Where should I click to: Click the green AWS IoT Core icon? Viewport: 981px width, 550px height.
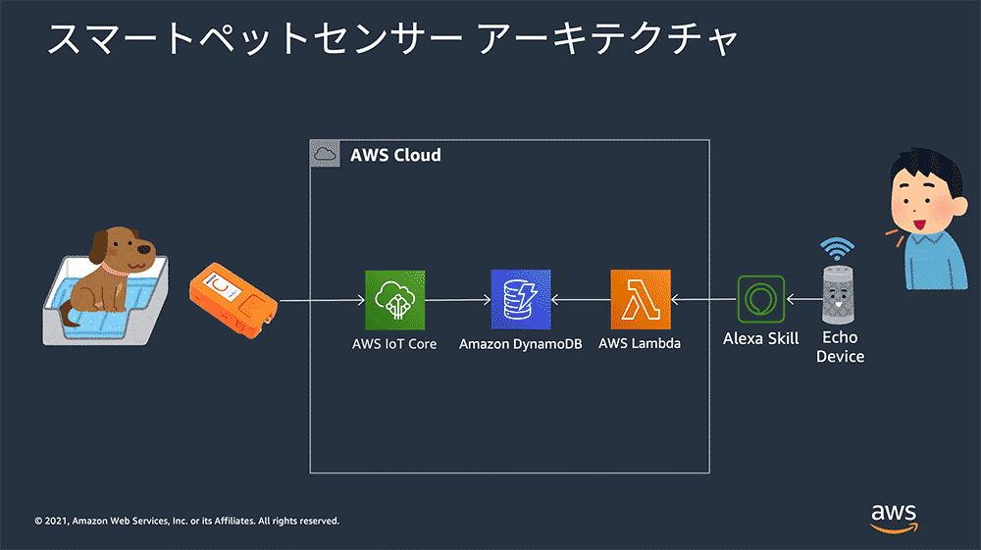tap(394, 300)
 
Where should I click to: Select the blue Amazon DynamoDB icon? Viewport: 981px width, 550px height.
tap(521, 299)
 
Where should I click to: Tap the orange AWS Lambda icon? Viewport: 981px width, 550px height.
tap(641, 299)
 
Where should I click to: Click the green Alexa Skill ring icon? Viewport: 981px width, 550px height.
tap(761, 299)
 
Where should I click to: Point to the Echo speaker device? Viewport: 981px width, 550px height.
tap(838, 294)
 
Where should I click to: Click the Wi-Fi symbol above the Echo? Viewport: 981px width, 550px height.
tap(837, 249)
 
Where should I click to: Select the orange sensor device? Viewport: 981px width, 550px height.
tap(233, 300)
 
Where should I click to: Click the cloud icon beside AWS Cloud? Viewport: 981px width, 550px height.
tap(325, 154)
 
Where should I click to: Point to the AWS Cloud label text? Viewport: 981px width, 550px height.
tap(395, 155)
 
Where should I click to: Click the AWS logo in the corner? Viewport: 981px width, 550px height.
tap(894, 519)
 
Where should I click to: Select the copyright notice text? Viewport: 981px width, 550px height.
tap(186, 521)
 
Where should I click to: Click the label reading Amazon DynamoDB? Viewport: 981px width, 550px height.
tap(521, 344)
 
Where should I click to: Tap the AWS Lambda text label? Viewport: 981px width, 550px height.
tap(640, 343)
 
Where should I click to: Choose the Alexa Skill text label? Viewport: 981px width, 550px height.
tap(761, 339)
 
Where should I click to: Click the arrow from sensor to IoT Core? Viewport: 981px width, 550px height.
tap(322, 301)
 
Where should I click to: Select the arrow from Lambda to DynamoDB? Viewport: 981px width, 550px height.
tap(581, 300)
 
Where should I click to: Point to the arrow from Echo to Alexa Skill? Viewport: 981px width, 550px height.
tap(804, 299)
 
